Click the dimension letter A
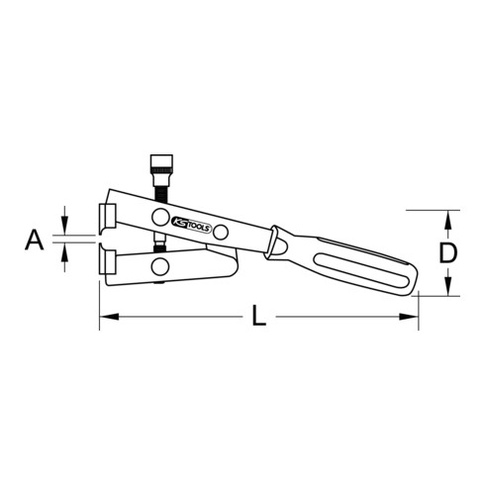[35, 238]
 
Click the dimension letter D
[448, 252]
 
